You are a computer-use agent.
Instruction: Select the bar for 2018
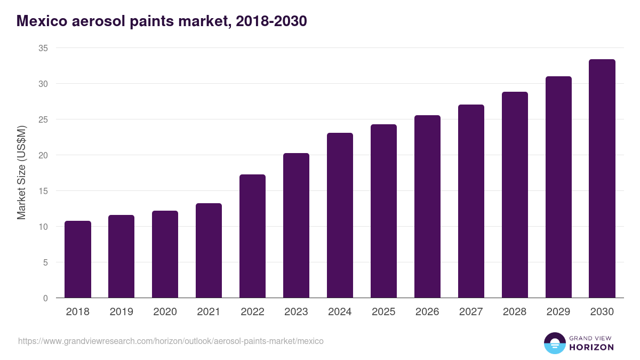[78, 260]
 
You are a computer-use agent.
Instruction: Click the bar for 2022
[252, 236]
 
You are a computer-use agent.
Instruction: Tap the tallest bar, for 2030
[602, 179]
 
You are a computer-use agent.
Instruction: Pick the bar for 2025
[383, 211]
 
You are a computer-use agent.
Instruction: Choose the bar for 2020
[165, 254]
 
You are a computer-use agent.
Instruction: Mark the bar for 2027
[471, 202]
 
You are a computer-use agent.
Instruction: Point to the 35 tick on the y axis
[43, 48]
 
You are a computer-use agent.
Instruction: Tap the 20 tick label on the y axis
[43, 155]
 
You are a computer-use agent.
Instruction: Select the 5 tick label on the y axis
[46, 262]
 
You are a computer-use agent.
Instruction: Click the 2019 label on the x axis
[121, 312]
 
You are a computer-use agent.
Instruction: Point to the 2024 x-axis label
[340, 312]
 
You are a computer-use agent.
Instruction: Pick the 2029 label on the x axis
[558, 312]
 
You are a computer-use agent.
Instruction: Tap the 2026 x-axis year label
[427, 312]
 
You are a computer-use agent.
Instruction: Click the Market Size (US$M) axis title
[21, 173]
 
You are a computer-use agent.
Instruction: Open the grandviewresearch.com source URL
[171, 341]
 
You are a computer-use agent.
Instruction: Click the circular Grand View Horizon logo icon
[554, 343]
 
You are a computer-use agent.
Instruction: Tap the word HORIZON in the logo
[591, 347]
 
